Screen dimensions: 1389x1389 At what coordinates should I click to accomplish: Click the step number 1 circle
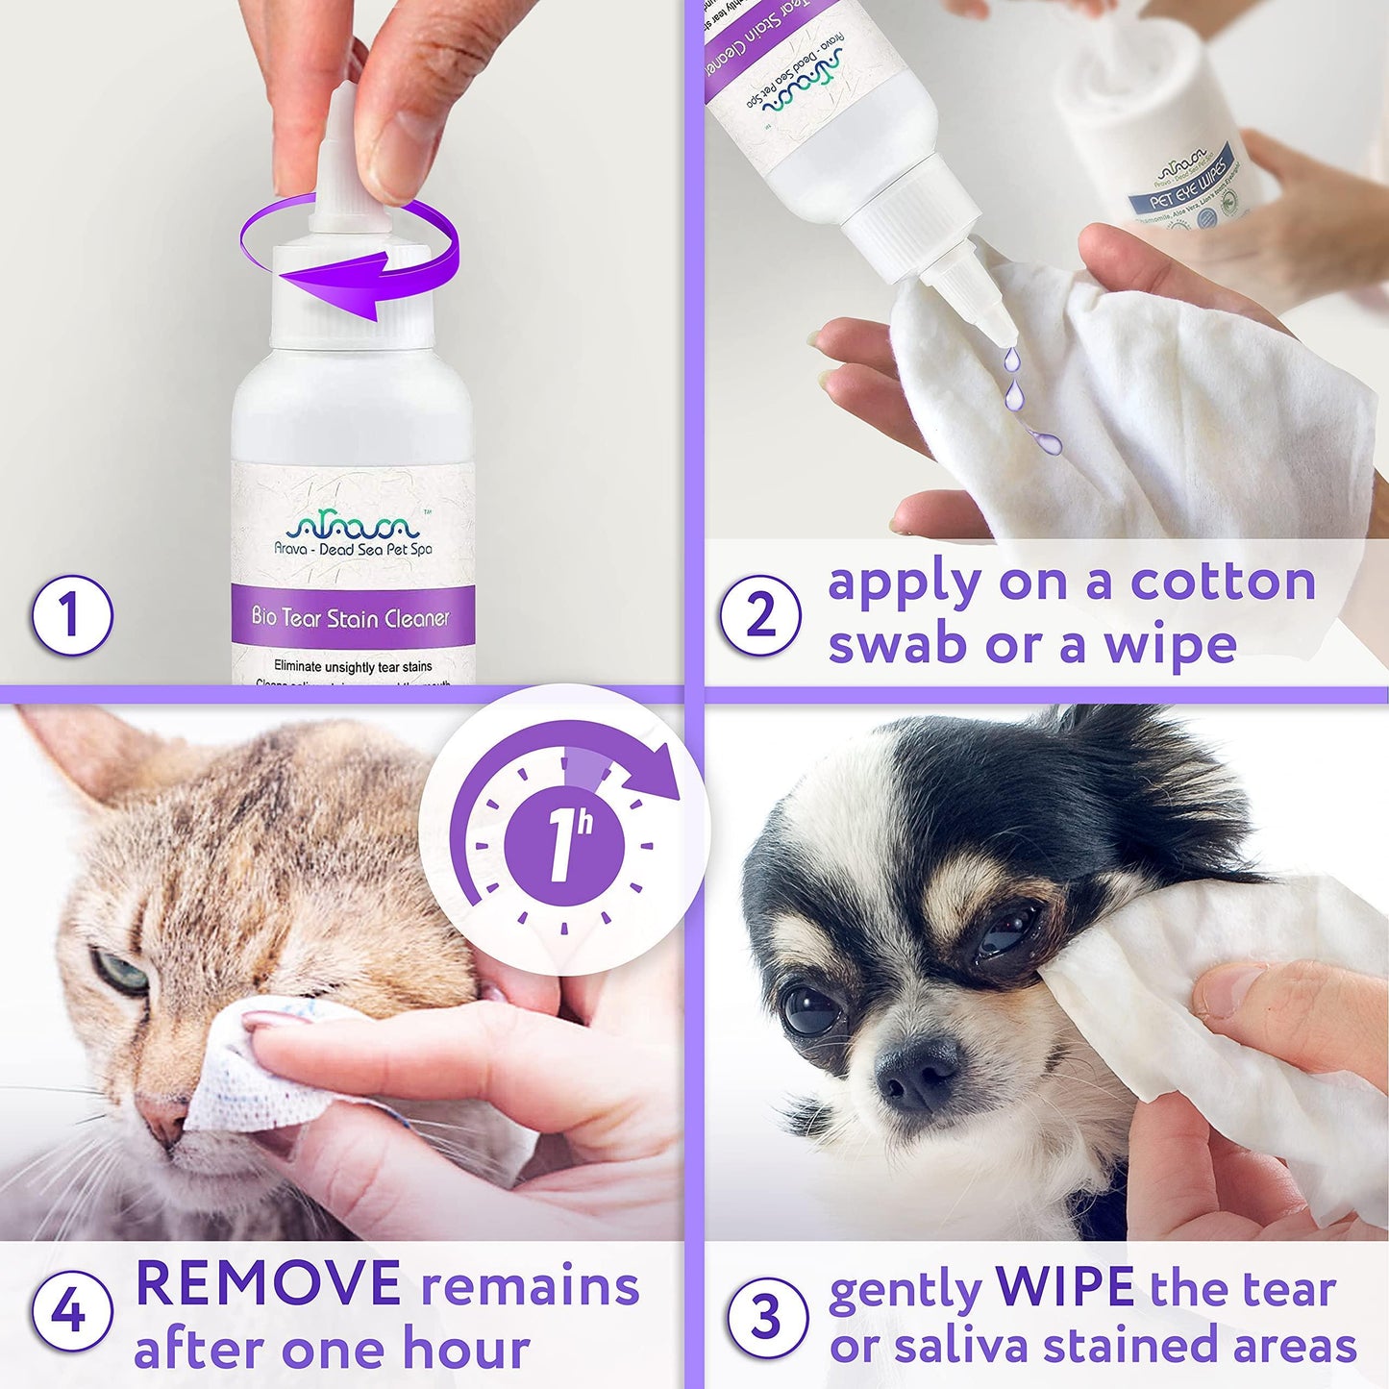(x=72, y=615)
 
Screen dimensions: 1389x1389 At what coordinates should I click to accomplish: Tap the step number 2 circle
(x=760, y=615)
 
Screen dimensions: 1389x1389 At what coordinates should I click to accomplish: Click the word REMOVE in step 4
(x=268, y=1285)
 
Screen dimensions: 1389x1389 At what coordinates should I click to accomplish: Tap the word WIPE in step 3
(x=1066, y=1286)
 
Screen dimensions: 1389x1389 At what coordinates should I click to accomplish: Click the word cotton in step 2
(x=1223, y=583)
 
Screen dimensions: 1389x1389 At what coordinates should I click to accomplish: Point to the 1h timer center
(x=567, y=847)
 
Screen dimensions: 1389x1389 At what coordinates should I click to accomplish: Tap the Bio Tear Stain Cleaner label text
(x=351, y=617)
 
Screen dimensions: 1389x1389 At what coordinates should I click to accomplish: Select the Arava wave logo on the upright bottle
(x=353, y=525)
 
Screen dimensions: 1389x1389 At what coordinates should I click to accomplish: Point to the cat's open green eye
(x=122, y=972)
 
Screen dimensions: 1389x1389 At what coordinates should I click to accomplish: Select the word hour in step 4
(x=466, y=1349)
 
